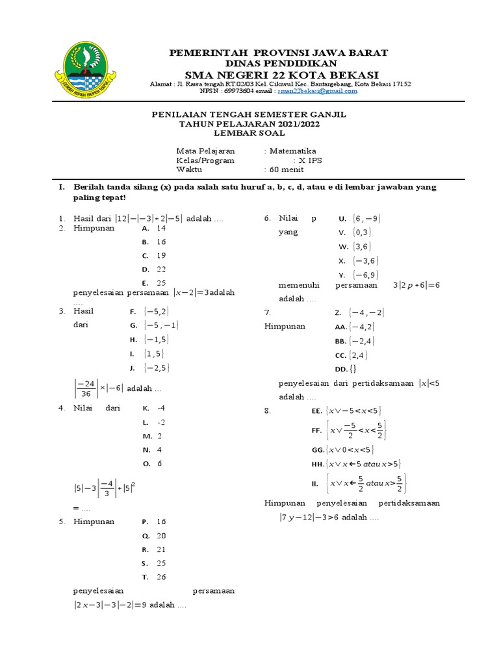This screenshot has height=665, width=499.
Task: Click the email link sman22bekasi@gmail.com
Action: (317, 92)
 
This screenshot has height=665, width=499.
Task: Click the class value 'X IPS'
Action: (310, 160)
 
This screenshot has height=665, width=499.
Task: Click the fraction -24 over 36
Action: (84, 388)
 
